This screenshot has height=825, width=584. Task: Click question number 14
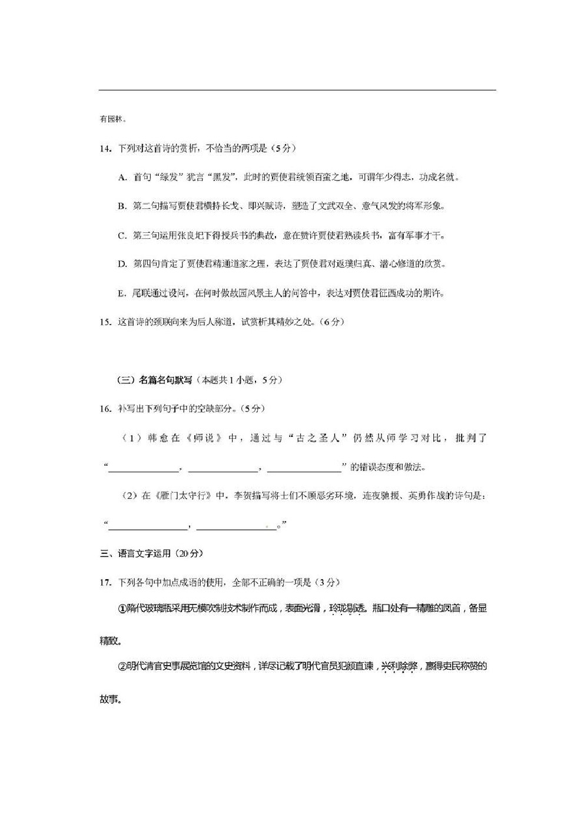(105, 149)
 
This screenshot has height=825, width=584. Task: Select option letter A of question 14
(122, 178)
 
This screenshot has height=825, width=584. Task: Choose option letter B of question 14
(122, 206)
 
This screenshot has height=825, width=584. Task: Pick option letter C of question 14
(122, 236)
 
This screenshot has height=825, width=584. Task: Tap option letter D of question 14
(122, 265)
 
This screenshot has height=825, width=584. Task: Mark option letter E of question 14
(122, 293)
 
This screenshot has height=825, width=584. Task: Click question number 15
(105, 322)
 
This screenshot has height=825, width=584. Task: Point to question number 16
(105, 409)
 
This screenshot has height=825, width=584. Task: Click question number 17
(105, 582)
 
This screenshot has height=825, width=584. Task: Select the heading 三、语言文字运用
(137, 553)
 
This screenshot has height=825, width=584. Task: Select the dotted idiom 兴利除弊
(399, 666)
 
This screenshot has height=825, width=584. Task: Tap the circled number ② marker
(122, 667)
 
